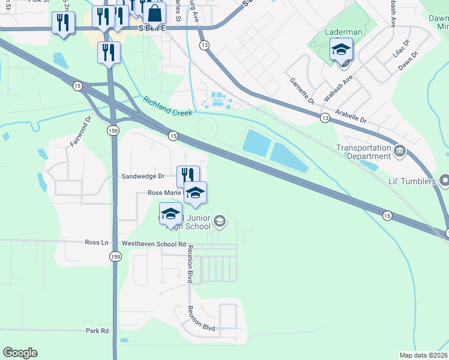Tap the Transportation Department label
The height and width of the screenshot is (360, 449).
coord(364,152)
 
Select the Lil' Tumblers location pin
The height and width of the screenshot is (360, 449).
coord(444,179)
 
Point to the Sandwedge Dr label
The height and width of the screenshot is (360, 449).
coord(143,176)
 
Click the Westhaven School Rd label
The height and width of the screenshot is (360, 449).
coord(154,244)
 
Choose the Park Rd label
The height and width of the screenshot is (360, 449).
coord(97,331)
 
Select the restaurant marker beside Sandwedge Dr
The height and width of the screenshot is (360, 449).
coord(188,176)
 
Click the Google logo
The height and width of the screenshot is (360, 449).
coord(20,353)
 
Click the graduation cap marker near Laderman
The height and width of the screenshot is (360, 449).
coord(340,49)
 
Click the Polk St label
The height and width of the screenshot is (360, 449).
coord(41,2)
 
